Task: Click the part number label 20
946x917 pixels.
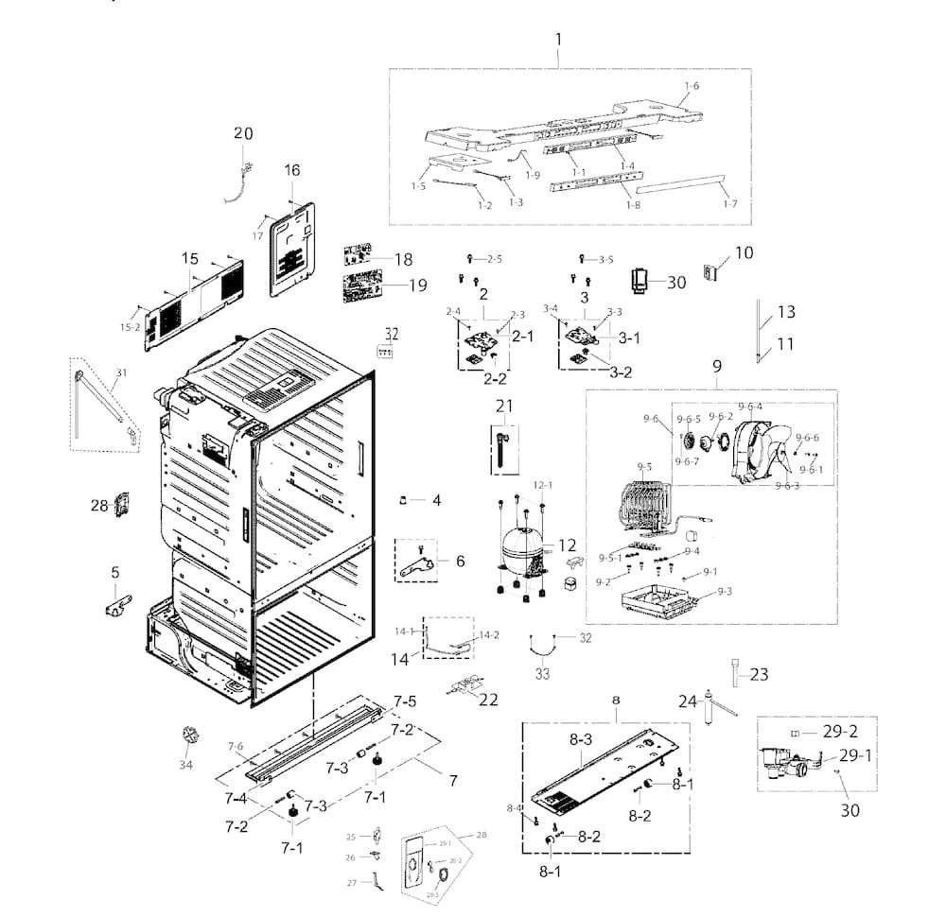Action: coord(243,134)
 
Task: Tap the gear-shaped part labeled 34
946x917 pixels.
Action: coord(187,737)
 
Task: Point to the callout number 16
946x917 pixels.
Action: coord(291,170)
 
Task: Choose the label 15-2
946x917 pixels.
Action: coord(130,327)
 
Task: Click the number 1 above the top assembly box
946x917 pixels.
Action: coord(558,40)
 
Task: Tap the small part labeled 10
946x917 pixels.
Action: coord(711,272)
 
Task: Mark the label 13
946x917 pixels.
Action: coord(786,312)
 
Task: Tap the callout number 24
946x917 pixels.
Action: coord(687,701)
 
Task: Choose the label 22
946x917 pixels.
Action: coord(488,700)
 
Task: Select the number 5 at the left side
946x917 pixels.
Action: coord(115,572)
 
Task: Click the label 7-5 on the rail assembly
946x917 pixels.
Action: coord(405,701)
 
